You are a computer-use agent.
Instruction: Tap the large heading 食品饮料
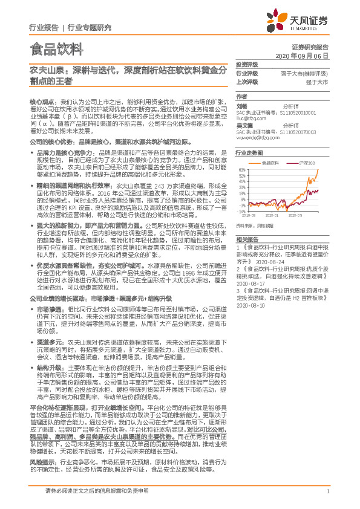pyautogui.click(x=56, y=47)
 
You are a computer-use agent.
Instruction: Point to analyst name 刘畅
pyautogui.click(x=240, y=106)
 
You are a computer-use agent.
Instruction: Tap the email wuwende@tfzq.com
pyautogui.click(x=256, y=137)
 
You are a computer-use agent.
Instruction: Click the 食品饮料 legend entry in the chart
pyautogui.click(x=270, y=163)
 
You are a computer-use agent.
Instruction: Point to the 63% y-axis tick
pyautogui.click(x=242, y=170)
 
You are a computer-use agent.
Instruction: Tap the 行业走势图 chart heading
pyautogui.click(x=249, y=154)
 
